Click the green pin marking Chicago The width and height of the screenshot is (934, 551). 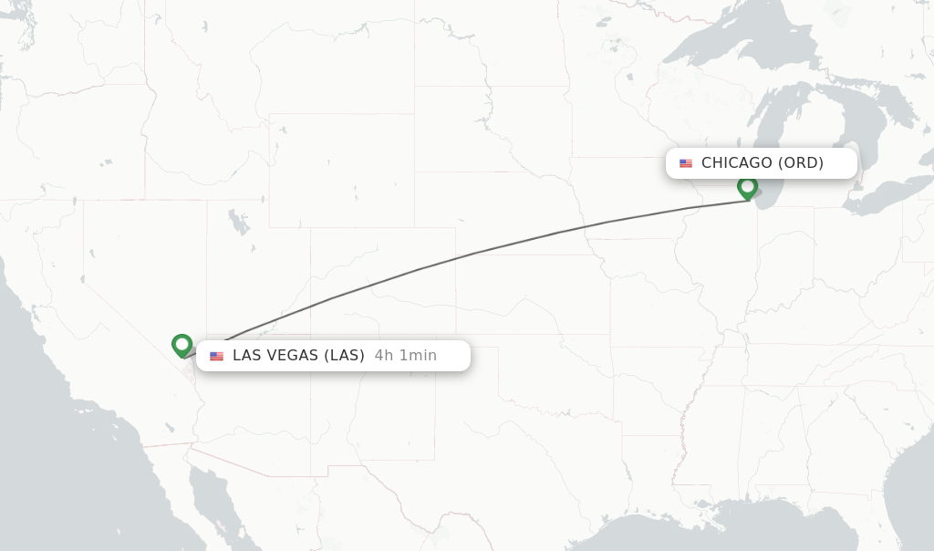pos(747,187)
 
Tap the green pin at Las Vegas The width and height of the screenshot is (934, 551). pos(182,345)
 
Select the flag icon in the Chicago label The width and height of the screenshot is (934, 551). pos(686,163)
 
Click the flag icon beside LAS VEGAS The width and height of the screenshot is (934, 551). pos(216,356)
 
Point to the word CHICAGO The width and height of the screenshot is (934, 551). pos(736,163)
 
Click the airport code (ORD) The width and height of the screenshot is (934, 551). pos(800,163)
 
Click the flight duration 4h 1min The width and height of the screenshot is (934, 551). pos(405,356)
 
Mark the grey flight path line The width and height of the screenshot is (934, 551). pos(474,253)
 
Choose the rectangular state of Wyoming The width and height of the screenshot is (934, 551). pos(341,170)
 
